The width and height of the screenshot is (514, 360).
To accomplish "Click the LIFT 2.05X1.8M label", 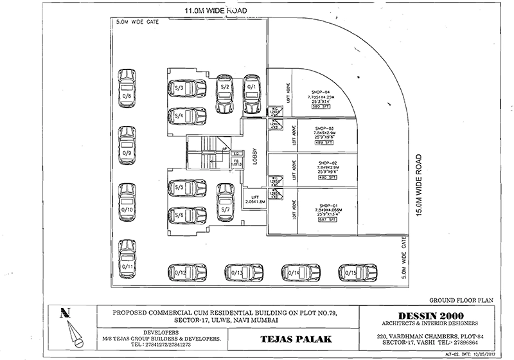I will point(255,200).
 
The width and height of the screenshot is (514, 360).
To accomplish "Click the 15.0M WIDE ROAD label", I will point(418,186).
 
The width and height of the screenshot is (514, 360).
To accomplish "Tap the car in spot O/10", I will point(127,203).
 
